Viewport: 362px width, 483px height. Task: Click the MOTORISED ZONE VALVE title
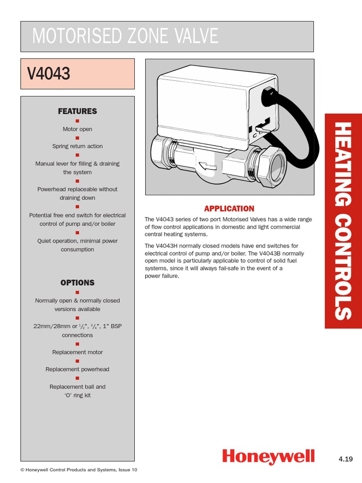(125, 36)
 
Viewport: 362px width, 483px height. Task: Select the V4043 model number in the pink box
(49, 74)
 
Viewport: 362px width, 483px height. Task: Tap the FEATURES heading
(77, 111)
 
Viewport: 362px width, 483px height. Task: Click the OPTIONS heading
(77, 283)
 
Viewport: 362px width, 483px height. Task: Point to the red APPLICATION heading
(229, 208)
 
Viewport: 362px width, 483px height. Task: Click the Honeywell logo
(268, 456)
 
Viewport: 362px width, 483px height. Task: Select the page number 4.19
(346, 458)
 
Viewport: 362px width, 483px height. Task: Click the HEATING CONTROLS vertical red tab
(343, 221)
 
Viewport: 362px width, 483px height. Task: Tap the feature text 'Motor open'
(77, 129)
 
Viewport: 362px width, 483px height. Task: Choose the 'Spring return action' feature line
(77, 146)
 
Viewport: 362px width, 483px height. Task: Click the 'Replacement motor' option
(77, 352)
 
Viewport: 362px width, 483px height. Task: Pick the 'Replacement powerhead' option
(77, 369)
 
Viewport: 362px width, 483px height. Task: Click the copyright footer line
(79, 470)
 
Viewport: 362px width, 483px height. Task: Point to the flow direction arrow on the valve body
(203, 166)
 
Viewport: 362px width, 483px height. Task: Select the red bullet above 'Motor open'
(77, 121)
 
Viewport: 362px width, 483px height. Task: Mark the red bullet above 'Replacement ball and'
(77, 378)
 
